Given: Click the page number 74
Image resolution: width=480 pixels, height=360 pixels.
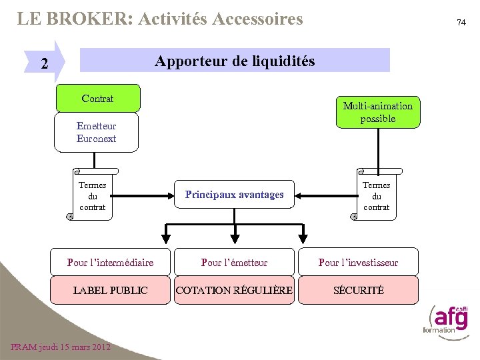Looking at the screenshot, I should [x=461, y=23].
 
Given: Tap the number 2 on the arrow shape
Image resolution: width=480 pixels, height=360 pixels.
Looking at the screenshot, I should [x=44, y=65].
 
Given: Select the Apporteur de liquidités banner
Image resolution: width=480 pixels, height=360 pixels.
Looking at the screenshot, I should [x=235, y=61].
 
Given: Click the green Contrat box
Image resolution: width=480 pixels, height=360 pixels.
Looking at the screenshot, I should [x=98, y=98].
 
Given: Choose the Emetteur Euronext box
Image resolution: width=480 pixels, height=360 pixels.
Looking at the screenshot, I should [x=96, y=132].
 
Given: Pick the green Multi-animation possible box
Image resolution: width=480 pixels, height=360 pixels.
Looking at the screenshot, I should [x=377, y=112].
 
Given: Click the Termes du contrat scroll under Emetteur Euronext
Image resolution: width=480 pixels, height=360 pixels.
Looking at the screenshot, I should [x=93, y=195].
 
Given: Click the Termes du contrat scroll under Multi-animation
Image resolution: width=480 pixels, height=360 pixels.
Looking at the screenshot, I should [x=377, y=195].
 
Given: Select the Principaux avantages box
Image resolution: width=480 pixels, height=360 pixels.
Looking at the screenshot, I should [x=234, y=195].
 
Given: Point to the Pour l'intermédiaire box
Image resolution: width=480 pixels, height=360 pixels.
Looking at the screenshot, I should [x=110, y=262].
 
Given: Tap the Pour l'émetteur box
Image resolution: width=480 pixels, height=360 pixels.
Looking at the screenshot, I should [x=234, y=262].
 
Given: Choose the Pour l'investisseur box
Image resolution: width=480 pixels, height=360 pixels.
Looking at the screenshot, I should [x=358, y=262].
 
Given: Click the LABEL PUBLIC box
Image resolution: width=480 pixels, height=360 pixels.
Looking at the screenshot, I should [x=110, y=290].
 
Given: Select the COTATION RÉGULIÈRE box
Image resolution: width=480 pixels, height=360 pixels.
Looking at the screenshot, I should [x=234, y=290].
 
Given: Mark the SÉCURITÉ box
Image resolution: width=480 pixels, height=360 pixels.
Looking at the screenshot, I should [x=358, y=290].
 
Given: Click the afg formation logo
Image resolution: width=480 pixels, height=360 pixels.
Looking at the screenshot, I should [x=447, y=319].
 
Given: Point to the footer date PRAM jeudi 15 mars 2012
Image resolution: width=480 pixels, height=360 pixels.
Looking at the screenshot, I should [x=61, y=346].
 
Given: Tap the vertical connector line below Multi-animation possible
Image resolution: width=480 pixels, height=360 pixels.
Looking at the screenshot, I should [x=377, y=148].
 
